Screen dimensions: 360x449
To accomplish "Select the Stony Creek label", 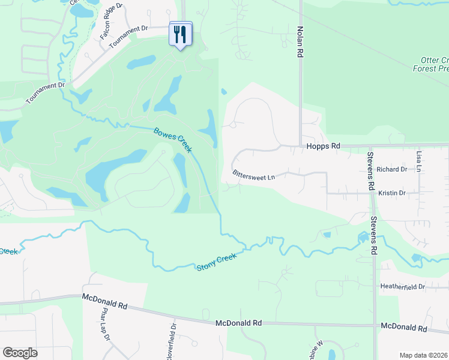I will click(217, 262).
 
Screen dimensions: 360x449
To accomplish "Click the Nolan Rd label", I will click(298, 41).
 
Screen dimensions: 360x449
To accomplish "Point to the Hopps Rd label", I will click(323, 146).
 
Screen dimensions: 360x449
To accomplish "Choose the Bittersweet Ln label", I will click(253, 176).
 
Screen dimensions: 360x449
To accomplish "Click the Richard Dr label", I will click(392, 169).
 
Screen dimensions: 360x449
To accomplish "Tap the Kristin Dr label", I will click(392, 193).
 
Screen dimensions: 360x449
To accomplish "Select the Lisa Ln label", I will click(419, 161).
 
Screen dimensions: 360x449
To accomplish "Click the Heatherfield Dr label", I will click(402, 287).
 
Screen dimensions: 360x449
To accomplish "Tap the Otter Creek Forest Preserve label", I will click(430, 64).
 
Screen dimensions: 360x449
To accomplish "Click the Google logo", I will click(20, 353).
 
